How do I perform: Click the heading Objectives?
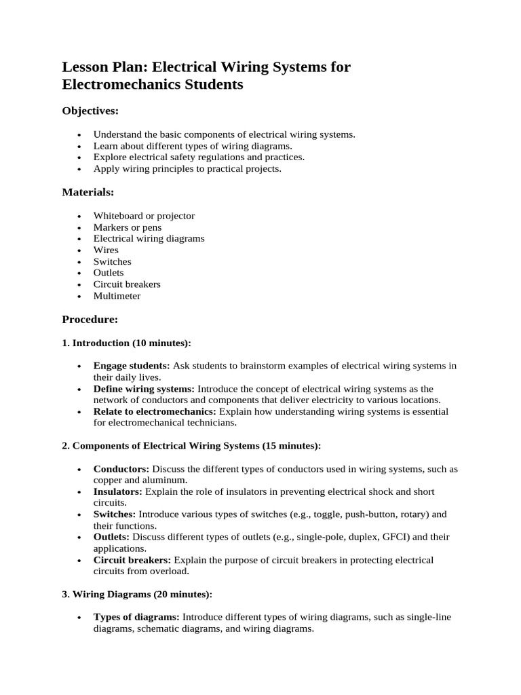tap(90, 111)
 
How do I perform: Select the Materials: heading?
tap(88, 192)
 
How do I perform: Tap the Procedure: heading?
tap(90, 319)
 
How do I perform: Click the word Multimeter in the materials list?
tap(117, 296)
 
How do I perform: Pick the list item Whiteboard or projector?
tap(144, 216)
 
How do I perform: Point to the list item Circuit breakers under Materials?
tap(127, 284)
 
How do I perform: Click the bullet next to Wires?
tap(79, 250)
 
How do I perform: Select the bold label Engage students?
tap(132, 366)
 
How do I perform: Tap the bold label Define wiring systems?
tap(144, 389)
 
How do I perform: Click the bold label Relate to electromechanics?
tap(155, 411)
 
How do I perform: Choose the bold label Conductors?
tap(121, 469)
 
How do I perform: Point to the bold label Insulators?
tap(118, 491)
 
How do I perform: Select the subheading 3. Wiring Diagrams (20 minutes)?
tap(137, 594)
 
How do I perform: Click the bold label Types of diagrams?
tap(136, 617)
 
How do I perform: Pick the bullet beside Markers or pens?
tap(79, 228)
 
